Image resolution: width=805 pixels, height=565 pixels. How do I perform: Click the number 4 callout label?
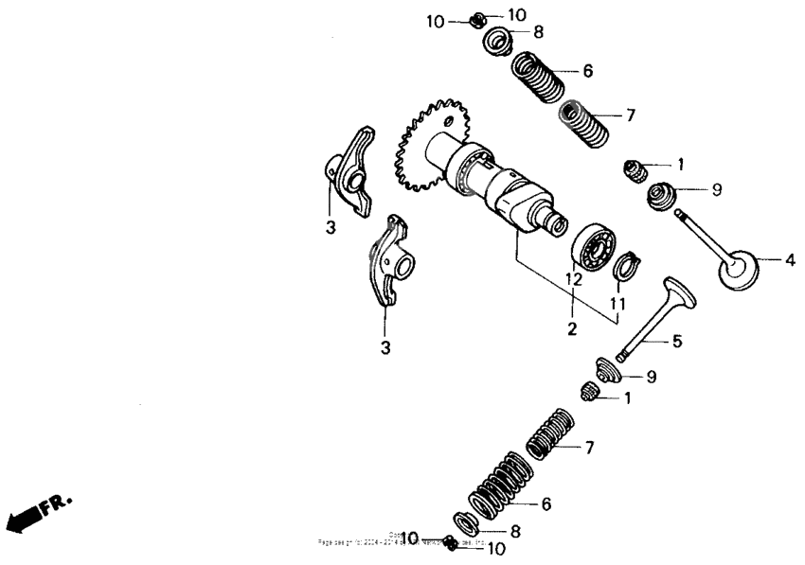coord(789,258)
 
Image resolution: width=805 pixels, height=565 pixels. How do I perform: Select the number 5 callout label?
coord(676,341)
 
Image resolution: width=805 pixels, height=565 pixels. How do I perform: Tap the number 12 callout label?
coord(572,279)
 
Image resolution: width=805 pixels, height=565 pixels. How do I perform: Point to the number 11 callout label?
coord(617,303)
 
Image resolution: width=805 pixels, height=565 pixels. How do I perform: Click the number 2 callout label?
coord(572,329)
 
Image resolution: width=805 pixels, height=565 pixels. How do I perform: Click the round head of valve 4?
coord(739,268)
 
